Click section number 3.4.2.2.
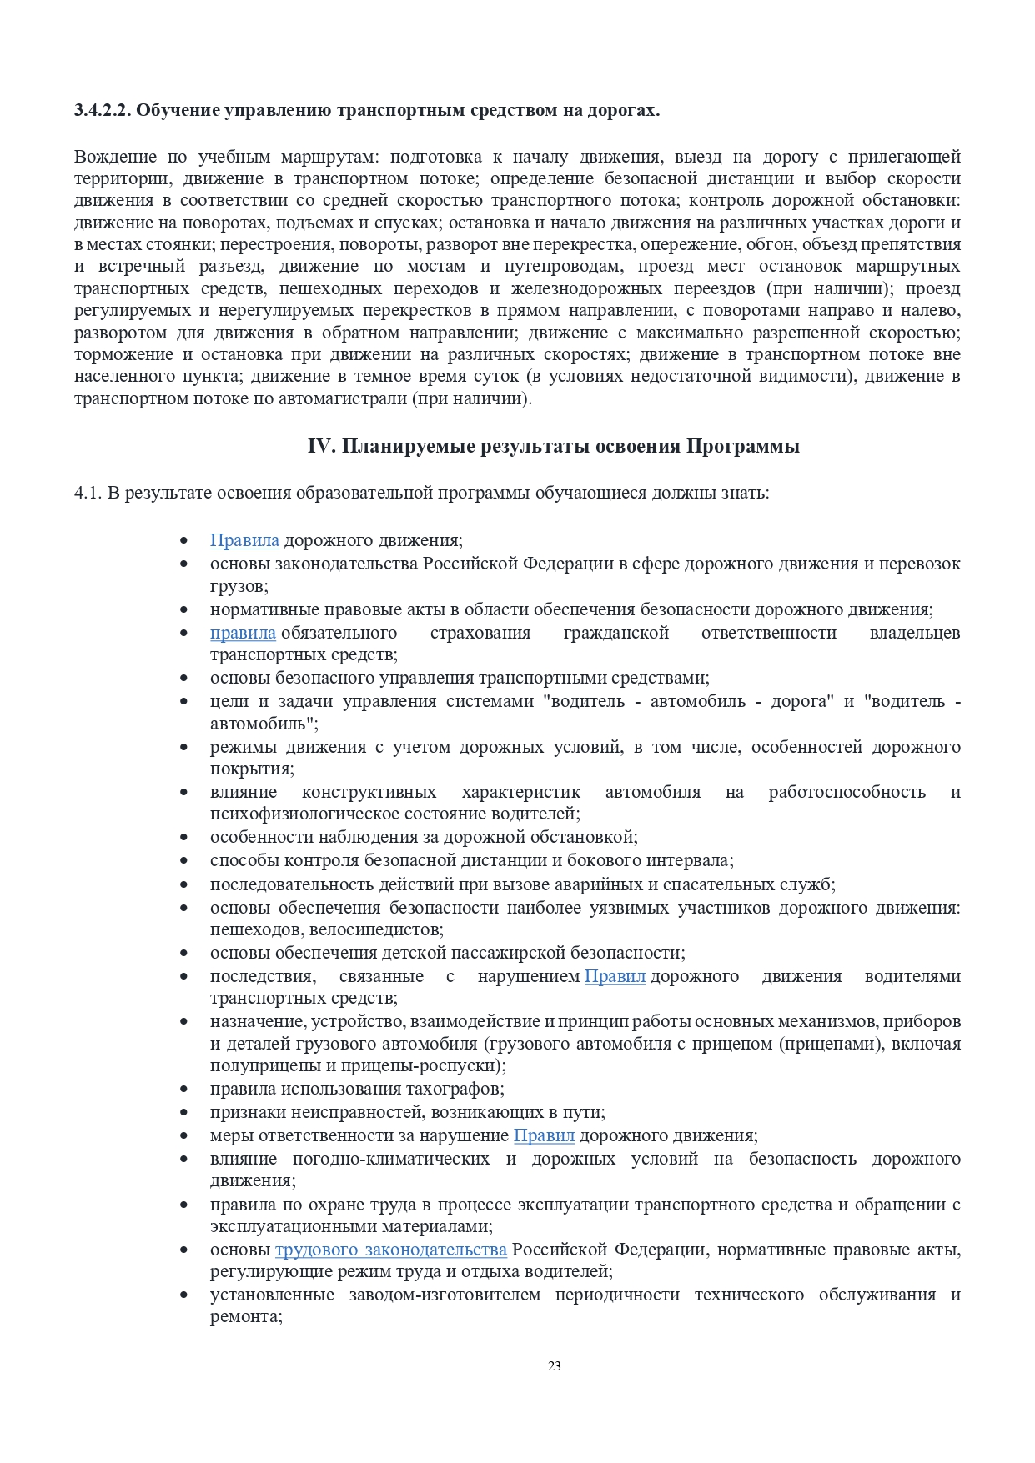pyautogui.click(x=103, y=110)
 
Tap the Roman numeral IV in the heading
pyautogui.click(x=320, y=446)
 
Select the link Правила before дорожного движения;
pyautogui.click(x=244, y=540)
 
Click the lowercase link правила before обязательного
pyautogui.click(x=243, y=633)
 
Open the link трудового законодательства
pyautogui.click(x=391, y=1250)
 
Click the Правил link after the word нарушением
pyautogui.click(x=615, y=976)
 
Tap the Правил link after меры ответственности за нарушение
pyautogui.click(x=544, y=1135)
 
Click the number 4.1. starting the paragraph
pyautogui.click(x=88, y=493)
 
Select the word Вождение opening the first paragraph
pyautogui.click(x=115, y=157)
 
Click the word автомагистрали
pyautogui.click(x=354, y=398)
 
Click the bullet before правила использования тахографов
pyautogui.click(x=184, y=1089)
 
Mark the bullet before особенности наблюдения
pyautogui.click(x=184, y=837)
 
